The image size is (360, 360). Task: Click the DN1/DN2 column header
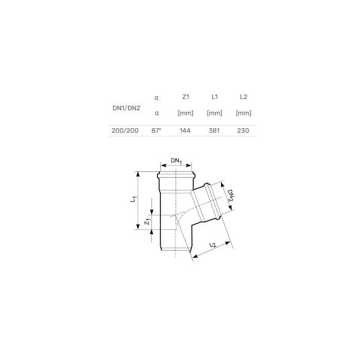pyautogui.click(x=126, y=108)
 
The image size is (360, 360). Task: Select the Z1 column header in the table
pyautogui.click(x=185, y=97)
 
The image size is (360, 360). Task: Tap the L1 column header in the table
pyautogui.click(x=215, y=97)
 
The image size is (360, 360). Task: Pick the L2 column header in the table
pyautogui.click(x=243, y=97)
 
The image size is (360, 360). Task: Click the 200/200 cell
pyautogui.click(x=125, y=130)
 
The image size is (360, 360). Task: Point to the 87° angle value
pyautogui.click(x=156, y=130)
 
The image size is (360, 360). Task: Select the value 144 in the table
pyautogui.click(x=185, y=130)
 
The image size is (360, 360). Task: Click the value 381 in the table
pyautogui.click(x=214, y=130)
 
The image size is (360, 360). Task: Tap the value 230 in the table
pyautogui.click(x=243, y=130)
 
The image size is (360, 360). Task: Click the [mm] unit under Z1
pyautogui.click(x=185, y=113)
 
